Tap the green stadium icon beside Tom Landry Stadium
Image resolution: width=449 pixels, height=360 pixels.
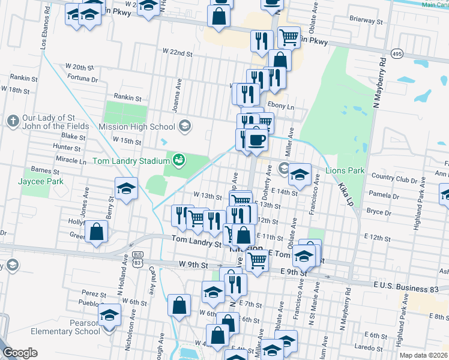[178, 160]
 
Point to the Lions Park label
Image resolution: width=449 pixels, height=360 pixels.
[345, 170]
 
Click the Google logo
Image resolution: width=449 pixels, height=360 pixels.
[20, 352]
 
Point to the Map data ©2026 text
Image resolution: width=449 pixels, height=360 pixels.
[424, 355]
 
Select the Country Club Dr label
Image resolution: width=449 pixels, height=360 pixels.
[394, 178]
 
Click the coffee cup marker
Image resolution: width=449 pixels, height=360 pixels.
[256, 140]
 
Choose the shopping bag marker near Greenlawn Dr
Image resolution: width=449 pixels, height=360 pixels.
[96, 232]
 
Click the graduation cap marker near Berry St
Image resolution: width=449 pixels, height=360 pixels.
[126, 190]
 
